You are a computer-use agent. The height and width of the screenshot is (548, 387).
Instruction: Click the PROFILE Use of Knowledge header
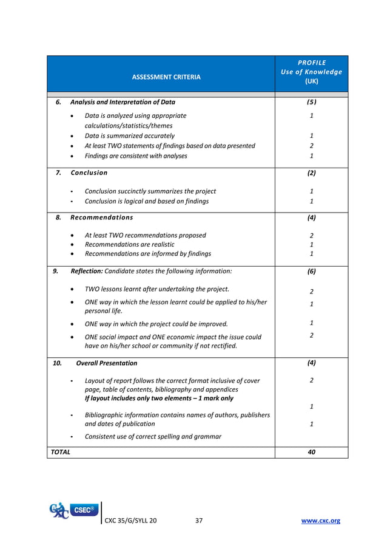pos(311,72)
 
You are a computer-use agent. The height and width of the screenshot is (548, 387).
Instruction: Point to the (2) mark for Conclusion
pos(311,173)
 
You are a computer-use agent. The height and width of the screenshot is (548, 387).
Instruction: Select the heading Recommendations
pos(102,217)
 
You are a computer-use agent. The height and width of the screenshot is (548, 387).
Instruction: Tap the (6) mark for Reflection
pos(311,272)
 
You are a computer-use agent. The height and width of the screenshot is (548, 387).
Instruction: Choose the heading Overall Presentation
pos(107,363)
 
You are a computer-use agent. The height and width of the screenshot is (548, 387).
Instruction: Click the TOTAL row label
pos(61,452)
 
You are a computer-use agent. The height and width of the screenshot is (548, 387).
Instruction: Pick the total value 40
pos(311,452)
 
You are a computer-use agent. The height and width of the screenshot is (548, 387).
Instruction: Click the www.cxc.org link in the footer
pos(321,521)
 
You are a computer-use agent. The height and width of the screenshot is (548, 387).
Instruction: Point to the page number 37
pos(199,521)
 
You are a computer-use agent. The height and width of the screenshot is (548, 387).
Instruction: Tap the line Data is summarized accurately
pos(130,136)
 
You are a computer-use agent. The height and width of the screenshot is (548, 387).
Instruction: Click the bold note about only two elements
pos(159,398)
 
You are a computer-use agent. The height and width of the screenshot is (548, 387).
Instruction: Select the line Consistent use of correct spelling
pos(153,436)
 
